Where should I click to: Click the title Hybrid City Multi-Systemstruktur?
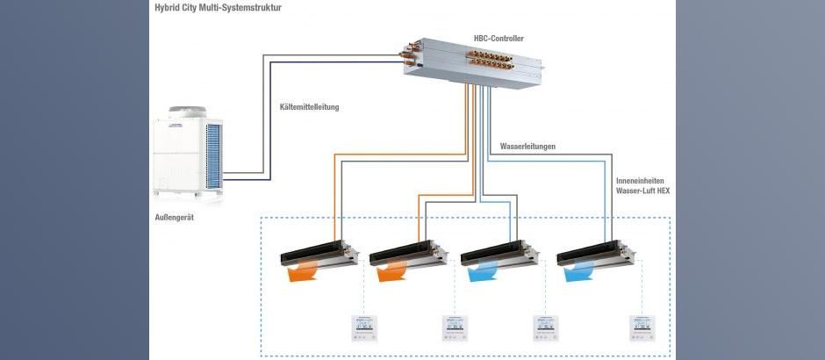point(218,9)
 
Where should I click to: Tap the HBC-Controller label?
point(499,39)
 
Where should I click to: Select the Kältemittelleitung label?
point(309,107)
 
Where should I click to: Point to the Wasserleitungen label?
point(527,147)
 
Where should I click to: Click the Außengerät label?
point(174,217)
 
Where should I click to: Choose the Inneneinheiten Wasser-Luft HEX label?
point(643,186)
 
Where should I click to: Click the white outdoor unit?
point(187,152)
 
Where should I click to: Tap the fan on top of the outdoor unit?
point(187,112)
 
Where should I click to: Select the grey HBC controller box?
point(471,62)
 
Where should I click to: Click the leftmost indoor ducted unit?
point(319,254)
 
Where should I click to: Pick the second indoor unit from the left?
point(409,254)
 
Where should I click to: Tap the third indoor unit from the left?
point(500,254)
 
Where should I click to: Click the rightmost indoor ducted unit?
point(596,254)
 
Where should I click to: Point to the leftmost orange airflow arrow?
point(302,271)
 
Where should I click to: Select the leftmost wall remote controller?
point(364,328)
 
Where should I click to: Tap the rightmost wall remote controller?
point(642,328)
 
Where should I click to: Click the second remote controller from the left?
point(455,328)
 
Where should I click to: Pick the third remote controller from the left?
point(546,328)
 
